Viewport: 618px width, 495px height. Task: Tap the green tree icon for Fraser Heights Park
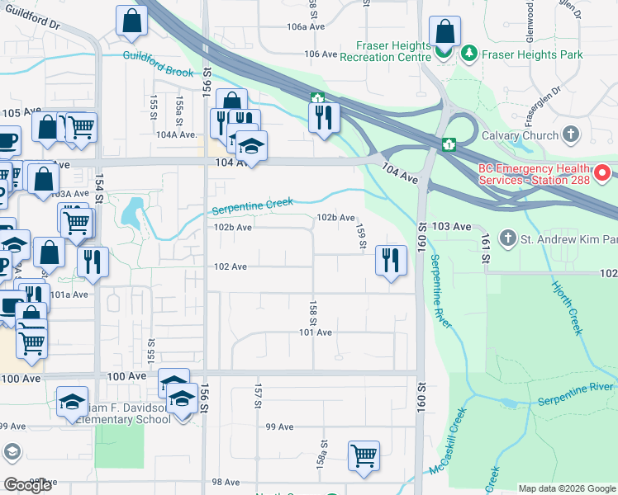(469, 54)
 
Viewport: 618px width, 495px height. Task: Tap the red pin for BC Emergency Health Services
(602, 172)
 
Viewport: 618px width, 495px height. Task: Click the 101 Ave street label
(316, 332)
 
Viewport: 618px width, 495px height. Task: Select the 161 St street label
(485, 248)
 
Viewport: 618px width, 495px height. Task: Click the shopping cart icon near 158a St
(364, 455)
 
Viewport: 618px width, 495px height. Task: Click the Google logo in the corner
(27, 485)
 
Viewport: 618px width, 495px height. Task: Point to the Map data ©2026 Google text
(567, 488)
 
